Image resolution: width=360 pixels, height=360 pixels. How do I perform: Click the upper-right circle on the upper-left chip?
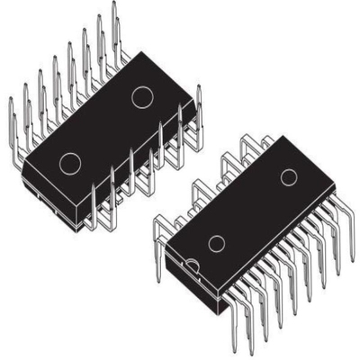click(142, 96)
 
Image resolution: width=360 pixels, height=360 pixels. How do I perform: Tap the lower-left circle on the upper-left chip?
click(69, 162)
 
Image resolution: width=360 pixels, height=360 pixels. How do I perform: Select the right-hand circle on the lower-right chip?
click(288, 177)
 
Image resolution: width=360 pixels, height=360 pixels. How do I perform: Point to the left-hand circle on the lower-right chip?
click(216, 243)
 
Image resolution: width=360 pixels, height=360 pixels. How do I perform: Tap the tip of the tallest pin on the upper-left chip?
click(114, 5)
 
